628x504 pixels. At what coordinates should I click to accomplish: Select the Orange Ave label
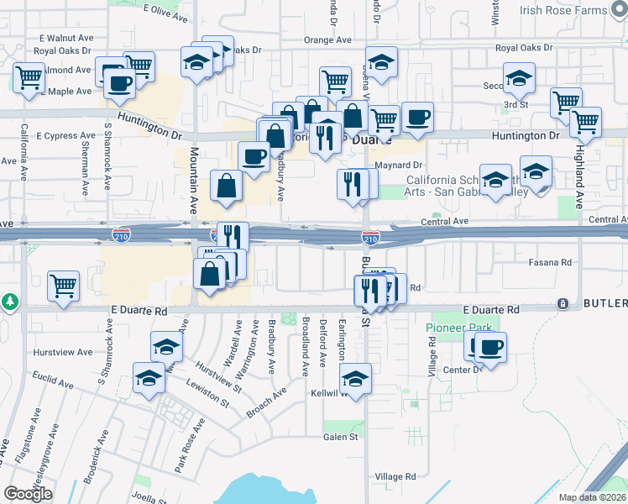click(327, 39)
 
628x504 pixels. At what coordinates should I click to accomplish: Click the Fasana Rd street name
click(550, 262)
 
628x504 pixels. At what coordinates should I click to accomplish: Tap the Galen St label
click(341, 437)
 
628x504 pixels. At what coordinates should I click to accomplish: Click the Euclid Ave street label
click(65, 383)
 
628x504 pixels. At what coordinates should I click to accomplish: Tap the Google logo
click(28, 493)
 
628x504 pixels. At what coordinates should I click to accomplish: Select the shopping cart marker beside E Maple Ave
click(29, 78)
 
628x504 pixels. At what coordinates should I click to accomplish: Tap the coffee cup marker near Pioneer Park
click(491, 346)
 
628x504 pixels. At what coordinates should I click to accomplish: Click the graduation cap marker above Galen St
click(356, 378)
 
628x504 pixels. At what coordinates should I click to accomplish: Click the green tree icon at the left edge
click(8, 300)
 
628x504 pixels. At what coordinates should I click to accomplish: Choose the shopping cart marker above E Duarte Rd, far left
click(63, 286)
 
